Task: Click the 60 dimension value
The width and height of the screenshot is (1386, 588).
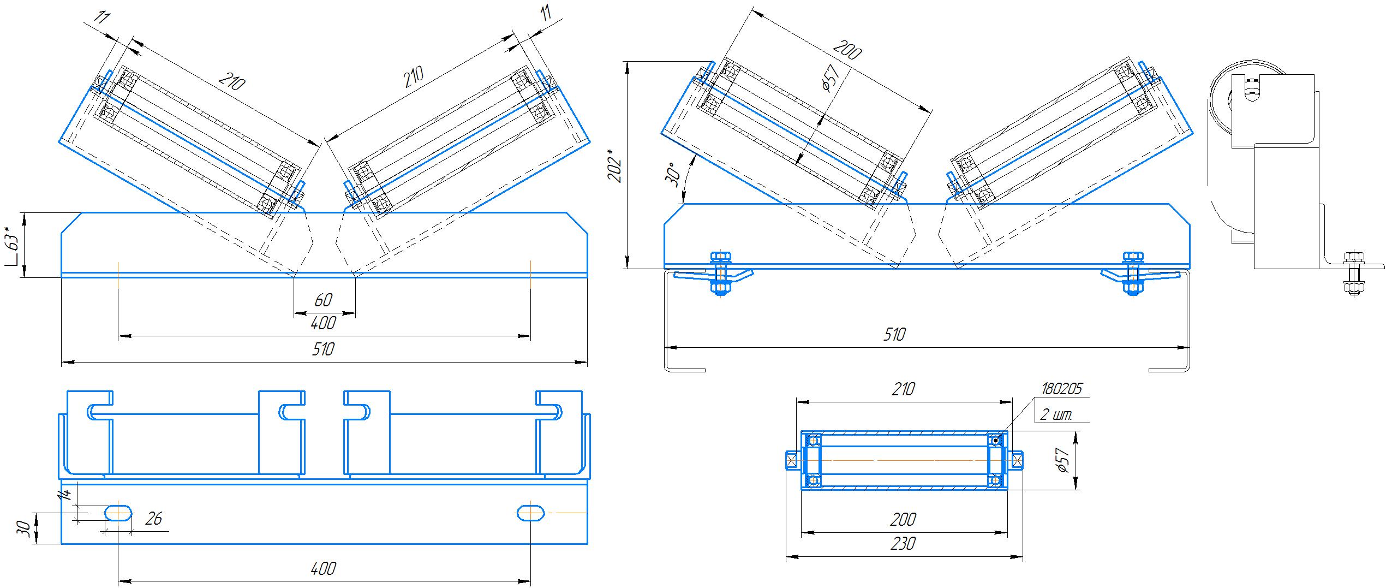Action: (x=323, y=300)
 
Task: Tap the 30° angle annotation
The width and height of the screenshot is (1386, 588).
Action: (x=674, y=174)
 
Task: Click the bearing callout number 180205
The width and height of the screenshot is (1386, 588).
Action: (x=1061, y=389)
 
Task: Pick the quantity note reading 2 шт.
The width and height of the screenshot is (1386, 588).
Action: (x=1056, y=415)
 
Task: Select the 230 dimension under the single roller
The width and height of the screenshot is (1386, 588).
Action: (x=903, y=544)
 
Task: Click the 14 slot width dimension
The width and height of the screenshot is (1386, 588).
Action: (x=65, y=495)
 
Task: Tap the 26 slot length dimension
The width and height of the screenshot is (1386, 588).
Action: (x=154, y=519)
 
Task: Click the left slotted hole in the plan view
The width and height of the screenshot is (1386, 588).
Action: (x=118, y=513)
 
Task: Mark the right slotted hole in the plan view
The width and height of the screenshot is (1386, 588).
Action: (x=530, y=513)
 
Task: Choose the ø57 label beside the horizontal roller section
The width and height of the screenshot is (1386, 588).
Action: (x=1061, y=460)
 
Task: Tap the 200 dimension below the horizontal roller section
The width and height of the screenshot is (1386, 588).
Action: (x=903, y=519)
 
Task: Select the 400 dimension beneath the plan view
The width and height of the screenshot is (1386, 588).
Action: (x=323, y=569)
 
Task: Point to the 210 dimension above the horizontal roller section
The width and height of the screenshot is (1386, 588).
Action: (x=903, y=389)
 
